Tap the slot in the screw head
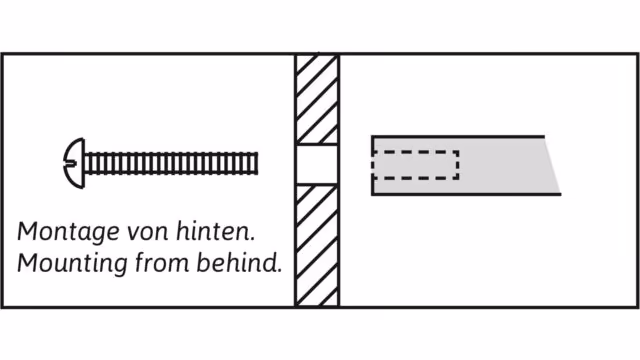coord(70,164)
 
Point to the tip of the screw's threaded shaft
coord(257,163)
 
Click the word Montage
coord(68,232)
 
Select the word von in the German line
coord(148,233)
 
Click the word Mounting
coord(72,264)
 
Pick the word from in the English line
coord(162,263)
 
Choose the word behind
coord(236,262)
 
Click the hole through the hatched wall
coord(317,165)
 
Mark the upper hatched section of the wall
coord(317,99)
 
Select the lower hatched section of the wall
coord(317,245)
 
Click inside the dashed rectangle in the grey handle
coord(416,165)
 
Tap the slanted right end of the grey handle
coord(553,165)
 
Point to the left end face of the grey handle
coord(373,165)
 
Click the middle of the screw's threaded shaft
coord(171,163)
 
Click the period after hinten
coord(252,239)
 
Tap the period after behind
coord(279,271)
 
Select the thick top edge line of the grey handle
coord(458,137)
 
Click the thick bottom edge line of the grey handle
coord(466,194)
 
